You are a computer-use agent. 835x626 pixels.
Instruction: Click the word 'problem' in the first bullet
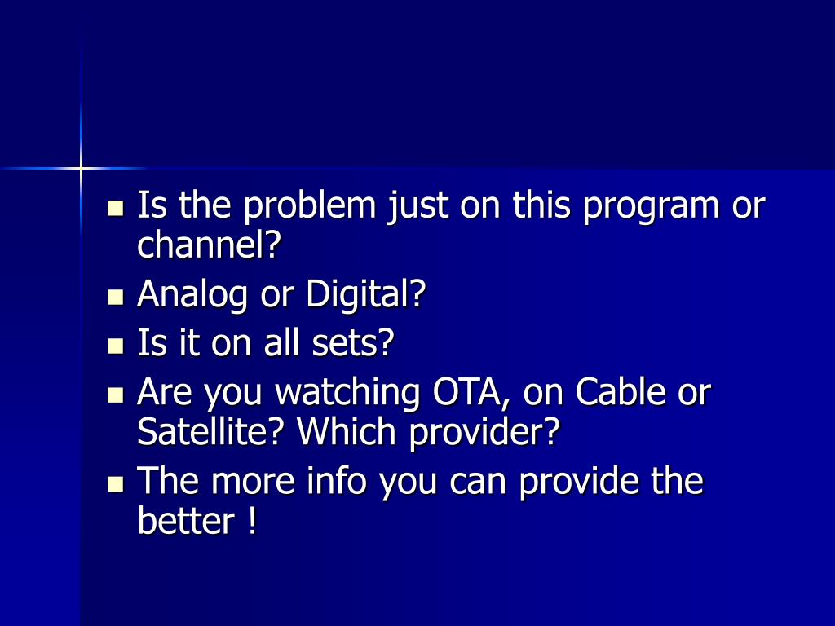tap(309, 206)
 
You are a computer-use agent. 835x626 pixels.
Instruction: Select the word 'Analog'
tap(192, 295)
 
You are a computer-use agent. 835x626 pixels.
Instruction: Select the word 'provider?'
tap(484, 434)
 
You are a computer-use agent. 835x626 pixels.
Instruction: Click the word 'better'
tap(185, 522)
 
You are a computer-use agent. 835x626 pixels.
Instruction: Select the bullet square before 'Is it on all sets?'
tap(115, 346)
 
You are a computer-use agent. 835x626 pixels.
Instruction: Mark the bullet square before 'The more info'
tap(115, 484)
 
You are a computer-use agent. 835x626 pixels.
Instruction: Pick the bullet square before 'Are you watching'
tap(115, 395)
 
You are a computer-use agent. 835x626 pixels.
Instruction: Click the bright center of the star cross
tap(81, 168)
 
